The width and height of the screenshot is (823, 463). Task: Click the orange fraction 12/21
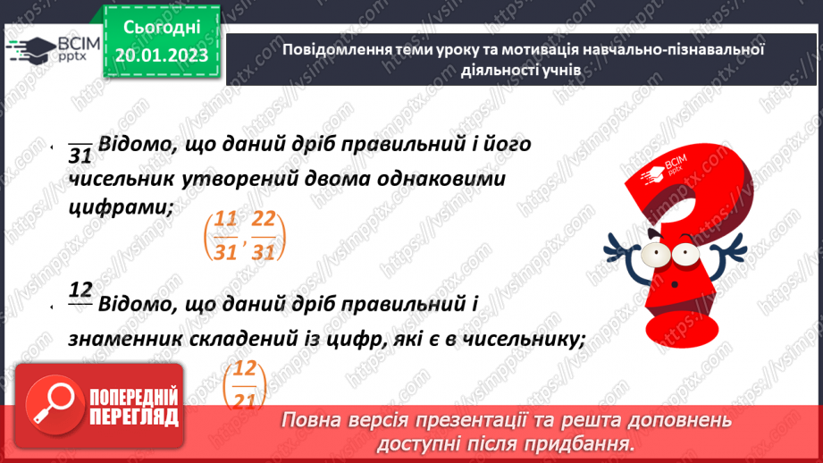click(244, 385)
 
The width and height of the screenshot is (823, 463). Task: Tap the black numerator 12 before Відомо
click(80, 289)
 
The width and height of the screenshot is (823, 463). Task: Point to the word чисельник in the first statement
click(126, 179)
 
